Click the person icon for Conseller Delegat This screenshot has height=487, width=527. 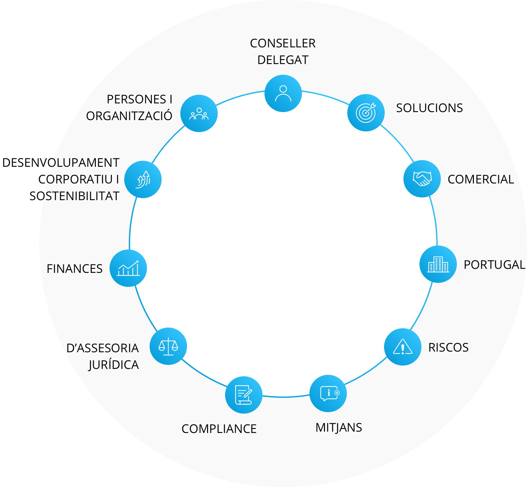(x=283, y=93)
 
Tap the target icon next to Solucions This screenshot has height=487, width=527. (x=366, y=113)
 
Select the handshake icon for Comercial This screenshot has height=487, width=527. (x=422, y=179)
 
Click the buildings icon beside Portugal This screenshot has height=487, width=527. (x=438, y=264)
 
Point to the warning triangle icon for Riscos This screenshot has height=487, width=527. (x=403, y=347)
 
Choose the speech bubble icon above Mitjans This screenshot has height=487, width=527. (x=328, y=394)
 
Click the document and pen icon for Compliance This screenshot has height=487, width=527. (x=244, y=395)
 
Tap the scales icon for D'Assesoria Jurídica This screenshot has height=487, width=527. (x=168, y=346)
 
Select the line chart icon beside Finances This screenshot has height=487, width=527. (x=128, y=268)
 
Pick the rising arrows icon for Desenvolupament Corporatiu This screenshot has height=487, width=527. (x=143, y=179)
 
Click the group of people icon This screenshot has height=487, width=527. (x=199, y=113)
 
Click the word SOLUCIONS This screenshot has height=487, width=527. (x=429, y=108)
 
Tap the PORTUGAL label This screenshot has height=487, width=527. (x=495, y=265)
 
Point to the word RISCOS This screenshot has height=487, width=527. (x=449, y=348)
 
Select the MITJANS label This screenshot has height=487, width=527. (x=339, y=428)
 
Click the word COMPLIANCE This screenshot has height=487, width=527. (x=219, y=429)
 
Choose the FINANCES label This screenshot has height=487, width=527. (x=74, y=269)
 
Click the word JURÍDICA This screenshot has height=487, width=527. (x=114, y=364)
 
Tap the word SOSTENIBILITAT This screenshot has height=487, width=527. (x=74, y=196)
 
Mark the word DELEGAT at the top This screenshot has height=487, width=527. (x=283, y=60)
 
